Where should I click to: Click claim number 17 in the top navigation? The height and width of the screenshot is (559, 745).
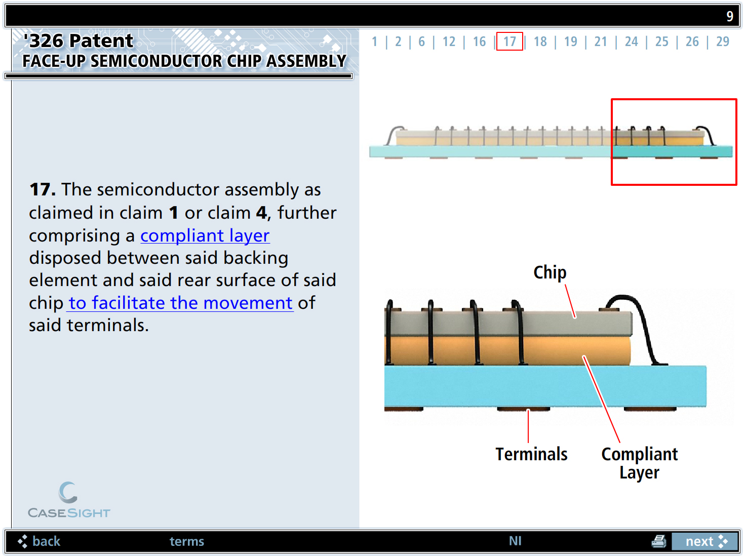coord(509,42)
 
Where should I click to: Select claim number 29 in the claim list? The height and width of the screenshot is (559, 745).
coord(722,42)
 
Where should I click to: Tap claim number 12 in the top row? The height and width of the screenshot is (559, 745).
coord(449,42)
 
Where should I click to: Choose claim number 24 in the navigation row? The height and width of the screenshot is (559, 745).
coord(631,42)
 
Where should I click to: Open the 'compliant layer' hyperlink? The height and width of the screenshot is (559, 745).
coord(205,235)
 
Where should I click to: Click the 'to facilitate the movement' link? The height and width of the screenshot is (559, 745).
coord(180,303)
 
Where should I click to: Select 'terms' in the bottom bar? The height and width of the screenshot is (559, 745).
coord(186,541)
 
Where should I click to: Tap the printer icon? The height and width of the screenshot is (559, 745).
coord(658,541)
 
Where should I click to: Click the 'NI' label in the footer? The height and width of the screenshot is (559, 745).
coord(515,541)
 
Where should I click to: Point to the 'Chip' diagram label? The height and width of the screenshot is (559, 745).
coord(550,272)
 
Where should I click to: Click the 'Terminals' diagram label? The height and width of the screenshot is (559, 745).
coord(531,454)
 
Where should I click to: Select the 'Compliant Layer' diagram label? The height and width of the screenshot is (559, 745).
coord(639,463)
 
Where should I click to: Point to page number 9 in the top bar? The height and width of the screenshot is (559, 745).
coord(729,16)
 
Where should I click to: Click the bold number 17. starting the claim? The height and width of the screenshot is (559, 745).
coord(43,189)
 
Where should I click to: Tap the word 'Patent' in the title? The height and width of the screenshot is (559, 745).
coord(101,41)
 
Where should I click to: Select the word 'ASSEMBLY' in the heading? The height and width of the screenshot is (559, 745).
coord(306,61)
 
